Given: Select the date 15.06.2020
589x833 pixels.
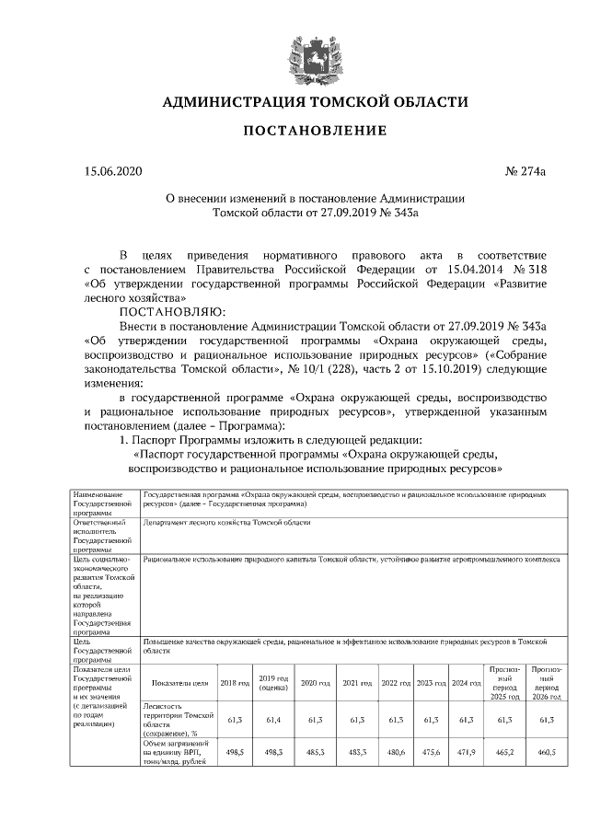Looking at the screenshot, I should coord(113,171).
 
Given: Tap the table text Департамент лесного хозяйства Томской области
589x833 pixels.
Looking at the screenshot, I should coord(227,522).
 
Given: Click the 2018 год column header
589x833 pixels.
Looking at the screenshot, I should coord(235,683).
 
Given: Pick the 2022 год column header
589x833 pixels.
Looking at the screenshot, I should coord(396,683).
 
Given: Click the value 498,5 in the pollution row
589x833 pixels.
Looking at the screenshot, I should coord(235,753).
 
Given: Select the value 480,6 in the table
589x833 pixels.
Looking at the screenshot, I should coord(396,753).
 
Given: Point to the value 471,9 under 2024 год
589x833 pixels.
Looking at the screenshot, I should coord(467,753).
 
